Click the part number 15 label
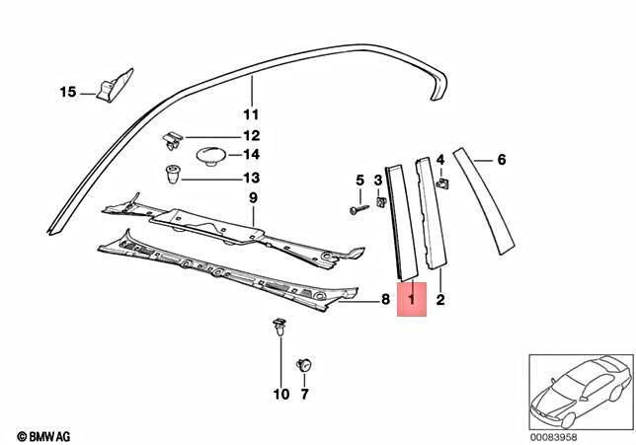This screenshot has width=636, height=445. tap(67, 93)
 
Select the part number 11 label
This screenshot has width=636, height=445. tap(251, 112)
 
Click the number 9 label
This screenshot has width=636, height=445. tap(252, 198)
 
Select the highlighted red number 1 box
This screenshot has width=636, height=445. tap(410, 298)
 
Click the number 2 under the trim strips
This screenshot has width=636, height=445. tap(440, 298)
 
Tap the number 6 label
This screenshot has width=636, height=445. tap(501, 160)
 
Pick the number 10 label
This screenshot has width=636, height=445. tap(281, 395)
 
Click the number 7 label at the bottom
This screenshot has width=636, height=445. tap(304, 395)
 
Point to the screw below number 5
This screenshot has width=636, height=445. tap(358, 208)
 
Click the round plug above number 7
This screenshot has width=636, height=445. tap(304, 365)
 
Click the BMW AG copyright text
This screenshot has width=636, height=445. tap(45, 433)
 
